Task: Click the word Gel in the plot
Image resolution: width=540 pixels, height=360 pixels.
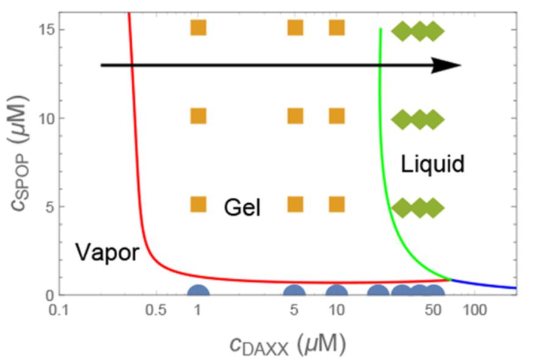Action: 242,207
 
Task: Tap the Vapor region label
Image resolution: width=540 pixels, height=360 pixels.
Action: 107,252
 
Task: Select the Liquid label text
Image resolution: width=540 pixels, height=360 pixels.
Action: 433,164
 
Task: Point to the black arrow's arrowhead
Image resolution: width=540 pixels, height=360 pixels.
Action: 447,65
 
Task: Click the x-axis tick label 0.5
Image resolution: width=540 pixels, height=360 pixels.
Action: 156,310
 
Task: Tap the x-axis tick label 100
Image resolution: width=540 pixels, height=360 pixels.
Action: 475,310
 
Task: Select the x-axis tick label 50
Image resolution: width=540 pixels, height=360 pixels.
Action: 433,310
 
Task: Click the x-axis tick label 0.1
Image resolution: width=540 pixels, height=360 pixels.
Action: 59,310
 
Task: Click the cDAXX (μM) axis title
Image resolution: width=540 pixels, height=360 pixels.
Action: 287,345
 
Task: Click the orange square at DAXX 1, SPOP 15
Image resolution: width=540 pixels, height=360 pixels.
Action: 198,27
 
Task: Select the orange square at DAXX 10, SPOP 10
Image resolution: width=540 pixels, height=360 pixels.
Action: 336,116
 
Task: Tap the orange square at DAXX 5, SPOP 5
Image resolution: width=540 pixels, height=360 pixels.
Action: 295,204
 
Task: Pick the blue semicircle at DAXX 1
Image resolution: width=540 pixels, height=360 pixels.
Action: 198,292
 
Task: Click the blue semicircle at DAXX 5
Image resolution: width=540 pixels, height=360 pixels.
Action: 295,292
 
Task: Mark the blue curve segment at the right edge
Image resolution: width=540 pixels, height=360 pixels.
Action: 483,284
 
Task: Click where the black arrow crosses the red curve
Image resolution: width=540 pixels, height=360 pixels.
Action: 132,65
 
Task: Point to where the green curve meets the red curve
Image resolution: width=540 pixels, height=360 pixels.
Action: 450,279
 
